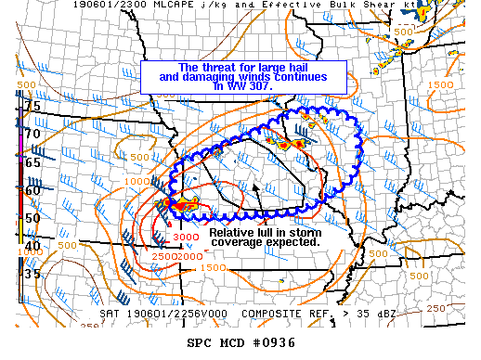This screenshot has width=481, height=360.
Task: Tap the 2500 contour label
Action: coord(164,255)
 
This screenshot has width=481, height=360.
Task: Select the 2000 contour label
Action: coord(190,255)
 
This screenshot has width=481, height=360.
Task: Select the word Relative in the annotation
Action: coord(230,232)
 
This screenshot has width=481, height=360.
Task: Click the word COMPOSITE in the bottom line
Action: coord(271,314)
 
